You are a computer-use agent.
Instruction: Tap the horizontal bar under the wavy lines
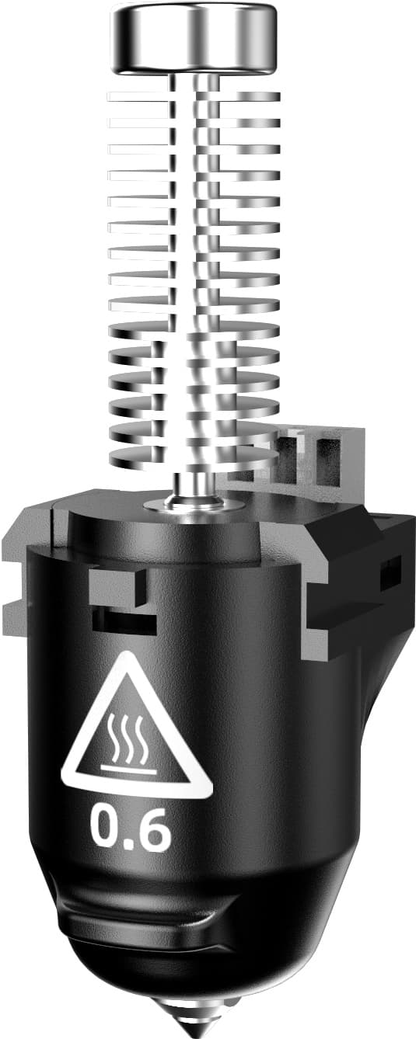137,770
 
